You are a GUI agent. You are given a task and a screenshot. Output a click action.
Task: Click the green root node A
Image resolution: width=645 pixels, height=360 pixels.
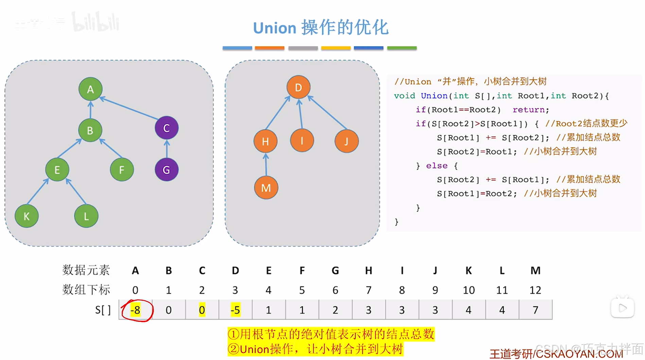click(x=90, y=89)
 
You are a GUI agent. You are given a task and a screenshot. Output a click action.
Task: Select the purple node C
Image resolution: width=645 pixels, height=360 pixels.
click(x=167, y=128)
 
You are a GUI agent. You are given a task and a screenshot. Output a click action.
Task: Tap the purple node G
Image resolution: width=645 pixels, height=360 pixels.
click(x=167, y=169)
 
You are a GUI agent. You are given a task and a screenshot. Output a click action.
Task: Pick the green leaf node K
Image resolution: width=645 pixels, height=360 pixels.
click(x=27, y=216)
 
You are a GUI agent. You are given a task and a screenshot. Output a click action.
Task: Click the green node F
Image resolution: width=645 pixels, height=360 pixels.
click(x=122, y=169)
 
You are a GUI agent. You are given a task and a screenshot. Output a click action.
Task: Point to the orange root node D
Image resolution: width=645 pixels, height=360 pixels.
click(x=298, y=87)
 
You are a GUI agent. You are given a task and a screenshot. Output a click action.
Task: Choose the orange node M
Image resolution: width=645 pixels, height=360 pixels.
click(x=266, y=187)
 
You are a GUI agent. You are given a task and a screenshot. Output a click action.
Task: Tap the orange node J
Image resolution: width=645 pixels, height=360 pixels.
click(x=346, y=141)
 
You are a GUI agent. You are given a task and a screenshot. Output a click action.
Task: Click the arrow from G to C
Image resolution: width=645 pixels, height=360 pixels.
click(x=167, y=149)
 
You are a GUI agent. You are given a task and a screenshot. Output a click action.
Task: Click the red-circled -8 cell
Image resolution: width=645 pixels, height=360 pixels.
click(x=136, y=310)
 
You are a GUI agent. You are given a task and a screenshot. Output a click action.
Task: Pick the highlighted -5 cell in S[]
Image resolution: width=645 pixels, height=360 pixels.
click(x=235, y=310)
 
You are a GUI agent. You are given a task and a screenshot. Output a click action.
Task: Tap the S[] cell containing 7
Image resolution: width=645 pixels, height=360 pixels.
click(x=535, y=310)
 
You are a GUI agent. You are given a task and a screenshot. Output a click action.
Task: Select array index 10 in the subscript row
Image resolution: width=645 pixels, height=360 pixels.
click(x=469, y=290)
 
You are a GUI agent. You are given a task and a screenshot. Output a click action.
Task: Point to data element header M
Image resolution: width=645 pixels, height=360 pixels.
click(x=535, y=271)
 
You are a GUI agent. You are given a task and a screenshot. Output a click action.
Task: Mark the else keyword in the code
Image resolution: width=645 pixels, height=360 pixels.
click(x=437, y=166)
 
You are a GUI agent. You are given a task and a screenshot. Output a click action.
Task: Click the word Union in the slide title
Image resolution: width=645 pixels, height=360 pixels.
click(x=275, y=28)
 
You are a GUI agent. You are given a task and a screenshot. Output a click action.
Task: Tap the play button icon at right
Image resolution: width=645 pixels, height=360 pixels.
click(x=622, y=308)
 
